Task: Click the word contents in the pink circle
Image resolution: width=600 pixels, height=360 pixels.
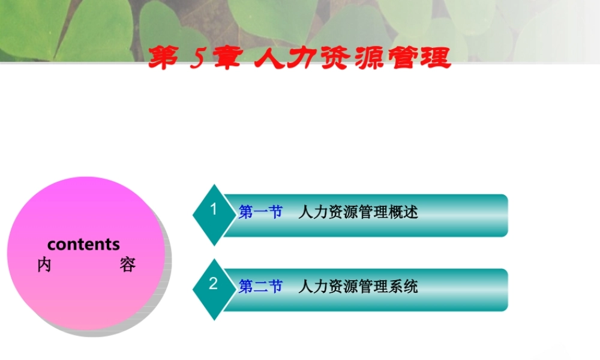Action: pos(83,245)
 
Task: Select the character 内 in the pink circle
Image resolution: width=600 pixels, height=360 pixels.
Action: pos(44,265)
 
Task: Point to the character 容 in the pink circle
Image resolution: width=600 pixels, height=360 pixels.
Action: pos(127,265)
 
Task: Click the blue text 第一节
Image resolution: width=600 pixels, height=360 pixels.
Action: pos(260,212)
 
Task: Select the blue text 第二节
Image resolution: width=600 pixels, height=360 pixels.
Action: pos(260,287)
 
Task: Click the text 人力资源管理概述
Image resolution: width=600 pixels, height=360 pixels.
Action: pos(358,212)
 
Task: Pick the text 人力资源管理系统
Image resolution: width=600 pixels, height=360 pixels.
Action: pos(358,287)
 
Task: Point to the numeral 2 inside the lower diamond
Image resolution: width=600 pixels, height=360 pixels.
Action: pos(213,284)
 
